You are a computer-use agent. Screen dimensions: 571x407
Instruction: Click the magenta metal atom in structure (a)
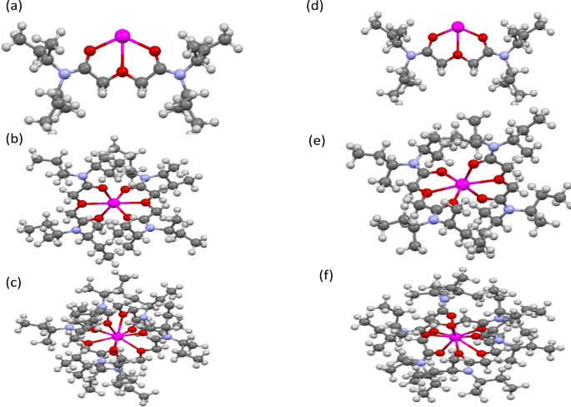pyautogui.click(x=123, y=36)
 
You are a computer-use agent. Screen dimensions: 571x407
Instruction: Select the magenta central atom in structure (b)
pyautogui.click(x=114, y=203)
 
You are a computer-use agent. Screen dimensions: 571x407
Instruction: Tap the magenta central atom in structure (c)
pyautogui.click(x=118, y=335)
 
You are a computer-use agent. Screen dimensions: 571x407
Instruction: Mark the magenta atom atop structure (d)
pyautogui.click(x=457, y=28)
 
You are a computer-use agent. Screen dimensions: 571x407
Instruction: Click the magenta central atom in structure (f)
pyautogui.click(x=455, y=338)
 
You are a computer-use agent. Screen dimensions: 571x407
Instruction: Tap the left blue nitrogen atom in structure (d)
pyautogui.click(x=410, y=57)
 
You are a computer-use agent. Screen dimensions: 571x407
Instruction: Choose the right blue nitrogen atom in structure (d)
pyautogui.click(x=503, y=57)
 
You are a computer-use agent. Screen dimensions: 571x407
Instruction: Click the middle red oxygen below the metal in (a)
pyautogui.click(x=123, y=73)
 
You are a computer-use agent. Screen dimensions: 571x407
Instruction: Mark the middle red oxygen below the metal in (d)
pyautogui.click(x=457, y=56)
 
